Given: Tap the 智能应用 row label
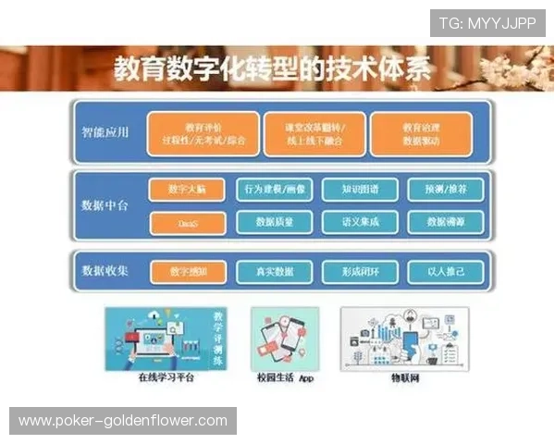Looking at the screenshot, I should click(x=105, y=132).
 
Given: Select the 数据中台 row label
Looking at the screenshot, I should click(x=105, y=205).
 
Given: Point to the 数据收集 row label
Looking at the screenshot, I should click(x=105, y=271).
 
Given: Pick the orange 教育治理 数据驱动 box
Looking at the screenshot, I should click(x=421, y=133).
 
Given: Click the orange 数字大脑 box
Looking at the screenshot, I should click(x=187, y=190).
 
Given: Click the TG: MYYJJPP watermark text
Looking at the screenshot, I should click(x=487, y=23).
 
